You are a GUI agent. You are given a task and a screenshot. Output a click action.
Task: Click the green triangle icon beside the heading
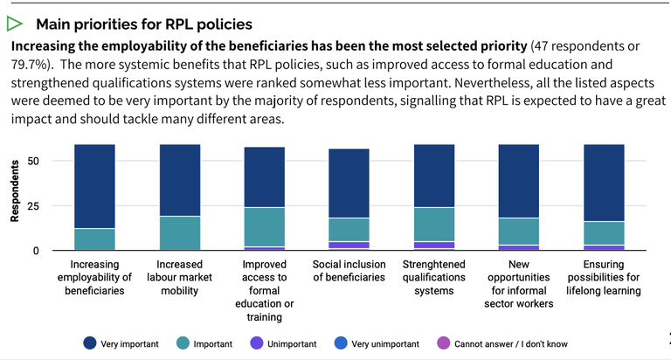coord(15,24)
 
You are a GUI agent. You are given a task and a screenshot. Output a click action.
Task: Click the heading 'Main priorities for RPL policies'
coord(144,24)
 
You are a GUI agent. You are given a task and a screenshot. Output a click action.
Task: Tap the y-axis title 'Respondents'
coord(15,190)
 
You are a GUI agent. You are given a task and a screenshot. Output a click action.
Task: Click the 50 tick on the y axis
coord(34,161)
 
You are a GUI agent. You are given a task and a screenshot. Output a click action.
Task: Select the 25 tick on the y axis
coord(34,206)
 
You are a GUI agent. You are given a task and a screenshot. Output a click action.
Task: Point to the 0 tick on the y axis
coord(37,251)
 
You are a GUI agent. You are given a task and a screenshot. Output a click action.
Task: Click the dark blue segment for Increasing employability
coord(94,186)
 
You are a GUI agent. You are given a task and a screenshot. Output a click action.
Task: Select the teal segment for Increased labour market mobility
coord(180,233)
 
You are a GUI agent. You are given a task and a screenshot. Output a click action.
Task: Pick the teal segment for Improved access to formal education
coord(266,227)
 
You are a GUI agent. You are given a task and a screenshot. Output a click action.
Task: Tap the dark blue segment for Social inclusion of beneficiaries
coord(350,183)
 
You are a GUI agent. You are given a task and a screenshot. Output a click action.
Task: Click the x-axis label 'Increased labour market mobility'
coord(180,271)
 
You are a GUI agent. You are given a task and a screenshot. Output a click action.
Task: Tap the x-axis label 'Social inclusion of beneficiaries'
coord(350,271)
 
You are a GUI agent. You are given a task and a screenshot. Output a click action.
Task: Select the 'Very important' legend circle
coord(89,343)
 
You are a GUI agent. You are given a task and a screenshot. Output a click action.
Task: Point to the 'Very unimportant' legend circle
coord(339,343)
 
